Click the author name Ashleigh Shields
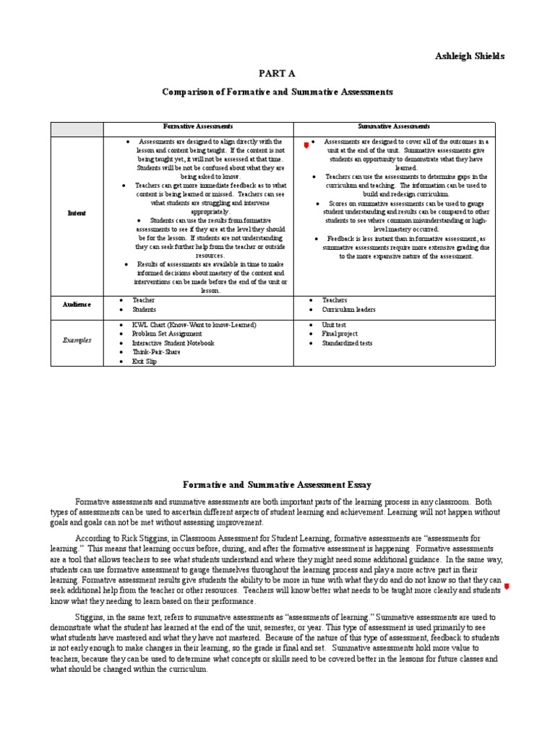click(x=470, y=56)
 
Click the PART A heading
click(x=277, y=74)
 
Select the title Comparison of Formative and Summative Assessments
click(x=277, y=92)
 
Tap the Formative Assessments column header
click(x=198, y=126)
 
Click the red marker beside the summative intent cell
click(x=306, y=145)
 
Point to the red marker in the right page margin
click(x=506, y=587)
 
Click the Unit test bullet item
click(x=334, y=325)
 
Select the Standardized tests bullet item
click(x=347, y=344)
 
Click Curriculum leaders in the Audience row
click(x=350, y=310)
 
